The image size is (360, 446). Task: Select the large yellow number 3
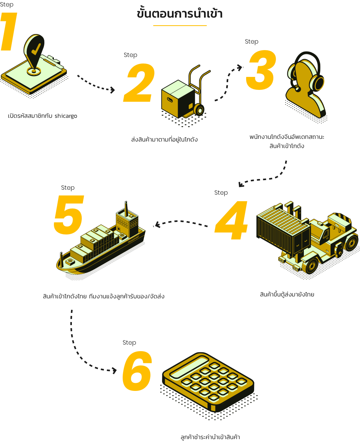pos(261,70)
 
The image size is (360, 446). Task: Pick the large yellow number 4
pos(232,221)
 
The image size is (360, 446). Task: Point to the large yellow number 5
pos(68,215)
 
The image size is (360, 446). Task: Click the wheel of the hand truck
pos(199,110)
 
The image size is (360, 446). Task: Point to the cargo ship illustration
pos(101,243)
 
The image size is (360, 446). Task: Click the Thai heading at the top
pos(180,14)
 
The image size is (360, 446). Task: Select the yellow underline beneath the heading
pos(180,26)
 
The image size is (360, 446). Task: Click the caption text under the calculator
pos(210,437)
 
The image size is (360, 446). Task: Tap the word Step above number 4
pos(221,193)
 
